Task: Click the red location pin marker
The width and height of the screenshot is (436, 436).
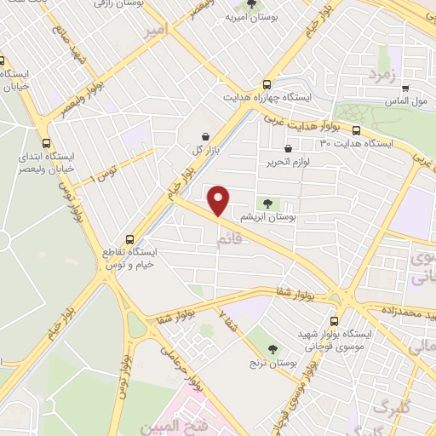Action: point(219,202)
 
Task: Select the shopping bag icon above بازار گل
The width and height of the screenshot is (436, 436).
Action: point(206,136)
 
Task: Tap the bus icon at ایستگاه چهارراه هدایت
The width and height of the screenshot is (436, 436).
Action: point(267,84)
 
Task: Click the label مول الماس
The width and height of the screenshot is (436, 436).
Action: point(404,100)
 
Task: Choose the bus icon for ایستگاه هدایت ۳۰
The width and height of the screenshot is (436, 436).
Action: point(356,131)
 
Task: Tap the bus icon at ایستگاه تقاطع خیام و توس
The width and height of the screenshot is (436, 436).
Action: point(130,239)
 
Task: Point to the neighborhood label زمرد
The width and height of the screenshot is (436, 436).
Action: point(383,76)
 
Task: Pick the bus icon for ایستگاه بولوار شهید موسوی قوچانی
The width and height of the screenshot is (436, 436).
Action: point(333,322)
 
